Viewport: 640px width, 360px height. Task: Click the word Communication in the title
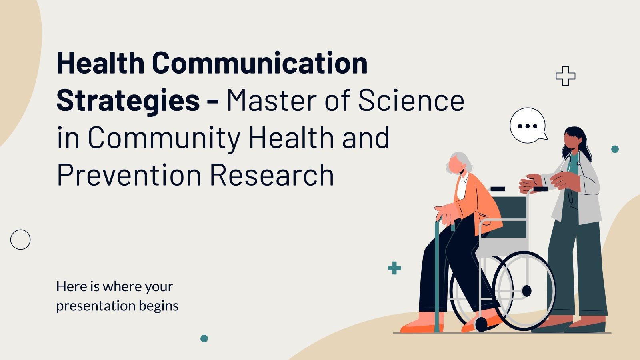260,63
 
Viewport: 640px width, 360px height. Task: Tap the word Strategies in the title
128,100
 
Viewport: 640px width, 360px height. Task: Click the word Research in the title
272,175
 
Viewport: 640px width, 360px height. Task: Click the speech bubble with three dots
528,126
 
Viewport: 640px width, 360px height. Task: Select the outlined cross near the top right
565,76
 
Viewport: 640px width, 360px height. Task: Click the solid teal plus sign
394,268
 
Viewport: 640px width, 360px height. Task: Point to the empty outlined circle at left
20,240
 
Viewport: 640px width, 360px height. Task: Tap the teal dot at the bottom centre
204,338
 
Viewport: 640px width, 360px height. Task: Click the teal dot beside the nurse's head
615,149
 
